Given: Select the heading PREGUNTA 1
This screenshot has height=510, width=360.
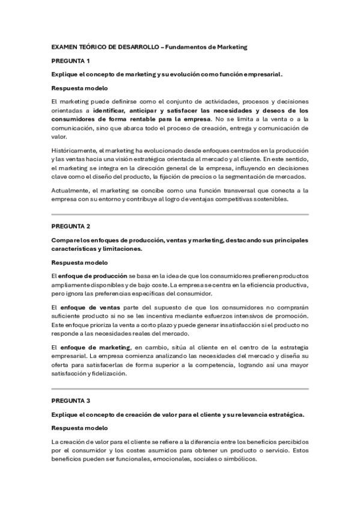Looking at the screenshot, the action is [70, 61].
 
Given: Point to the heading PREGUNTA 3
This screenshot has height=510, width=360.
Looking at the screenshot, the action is [70, 401].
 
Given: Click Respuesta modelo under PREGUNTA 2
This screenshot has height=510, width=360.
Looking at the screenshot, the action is [79, 262].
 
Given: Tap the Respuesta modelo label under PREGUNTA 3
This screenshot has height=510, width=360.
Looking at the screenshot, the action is [79, 428].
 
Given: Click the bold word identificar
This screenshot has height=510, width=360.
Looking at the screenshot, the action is [111, 111].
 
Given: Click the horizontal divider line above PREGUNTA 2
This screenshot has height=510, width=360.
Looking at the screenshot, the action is [180, 214].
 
